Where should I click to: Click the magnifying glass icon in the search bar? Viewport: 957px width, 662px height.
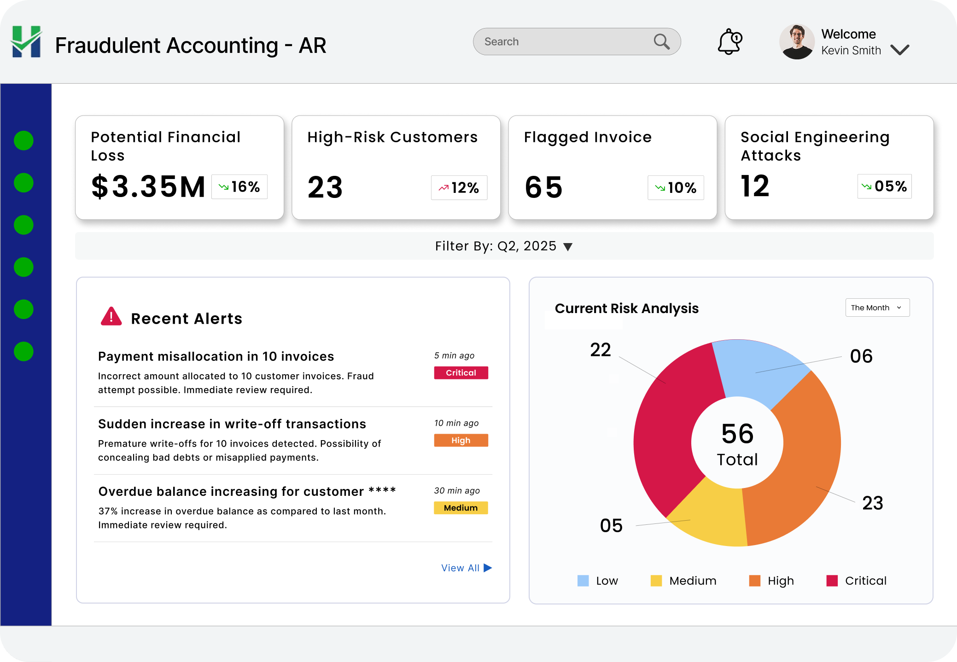click(x=661, y=42)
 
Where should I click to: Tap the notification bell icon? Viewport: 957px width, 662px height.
click(x=729, y=42)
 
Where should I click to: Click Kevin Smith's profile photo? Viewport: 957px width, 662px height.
click(x=797, y=42)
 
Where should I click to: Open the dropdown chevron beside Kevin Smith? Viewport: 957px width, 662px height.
click(x=899, y=50)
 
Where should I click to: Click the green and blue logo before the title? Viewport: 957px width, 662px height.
click(x=26, y=42)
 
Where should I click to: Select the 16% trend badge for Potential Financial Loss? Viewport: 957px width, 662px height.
click(x=239, y=187)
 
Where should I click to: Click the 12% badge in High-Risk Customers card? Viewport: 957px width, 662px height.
click(x=459, y=188)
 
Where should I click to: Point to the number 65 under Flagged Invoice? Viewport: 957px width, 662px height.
click(x=543, y=187)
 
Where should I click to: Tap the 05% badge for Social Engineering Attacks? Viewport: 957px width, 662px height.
click(x=884, y=186)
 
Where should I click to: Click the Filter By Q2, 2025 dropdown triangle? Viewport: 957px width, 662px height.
click(x=568, y=247)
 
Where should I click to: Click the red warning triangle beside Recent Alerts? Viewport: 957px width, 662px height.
click(x=111, y=317)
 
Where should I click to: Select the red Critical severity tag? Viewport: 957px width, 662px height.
click(x=461, y=373)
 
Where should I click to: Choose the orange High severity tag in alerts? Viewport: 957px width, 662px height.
click(x=461, y=441)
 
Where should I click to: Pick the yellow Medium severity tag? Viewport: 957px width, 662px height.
click(x=461, y=508)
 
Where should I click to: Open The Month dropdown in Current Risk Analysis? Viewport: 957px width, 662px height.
click(x=877, y=308)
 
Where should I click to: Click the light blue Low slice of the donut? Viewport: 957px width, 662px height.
click(x=758, y=371)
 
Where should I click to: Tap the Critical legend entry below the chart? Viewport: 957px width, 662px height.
click(x=857, y=581)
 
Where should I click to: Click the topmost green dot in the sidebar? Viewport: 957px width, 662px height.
click(x=23, y=140)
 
